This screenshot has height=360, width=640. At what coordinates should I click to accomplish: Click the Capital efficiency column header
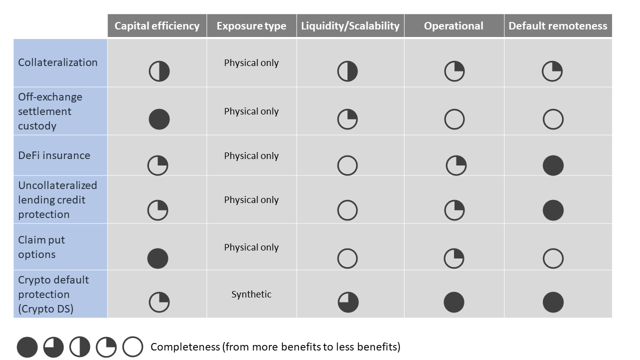coord(157,26)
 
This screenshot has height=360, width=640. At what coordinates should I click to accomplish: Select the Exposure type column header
coord(251,26)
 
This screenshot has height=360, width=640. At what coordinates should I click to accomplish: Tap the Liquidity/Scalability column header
coord(350,26)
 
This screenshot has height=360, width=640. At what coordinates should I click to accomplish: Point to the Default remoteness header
coord(557,26)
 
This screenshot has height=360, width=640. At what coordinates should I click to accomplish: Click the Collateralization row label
coord(57,62)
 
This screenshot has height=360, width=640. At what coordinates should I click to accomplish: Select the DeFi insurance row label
coord(54,155)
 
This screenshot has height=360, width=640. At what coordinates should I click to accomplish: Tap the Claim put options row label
coord(41,247)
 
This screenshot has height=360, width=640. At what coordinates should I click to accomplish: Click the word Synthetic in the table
coord(251,294)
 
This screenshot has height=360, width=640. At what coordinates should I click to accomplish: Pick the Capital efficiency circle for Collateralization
coord(159,71)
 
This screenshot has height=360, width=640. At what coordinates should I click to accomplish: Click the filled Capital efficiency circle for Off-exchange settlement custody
coord(159,119)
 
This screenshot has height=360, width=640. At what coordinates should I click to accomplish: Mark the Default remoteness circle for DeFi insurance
coord(553,165)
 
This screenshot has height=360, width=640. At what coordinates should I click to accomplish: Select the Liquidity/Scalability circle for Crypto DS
coord(348,302)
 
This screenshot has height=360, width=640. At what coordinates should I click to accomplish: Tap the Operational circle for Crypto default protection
coord(454,302)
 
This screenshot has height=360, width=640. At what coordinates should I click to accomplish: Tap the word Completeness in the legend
coord(185,347)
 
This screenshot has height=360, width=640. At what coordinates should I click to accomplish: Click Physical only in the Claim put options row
coord(251,247)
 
